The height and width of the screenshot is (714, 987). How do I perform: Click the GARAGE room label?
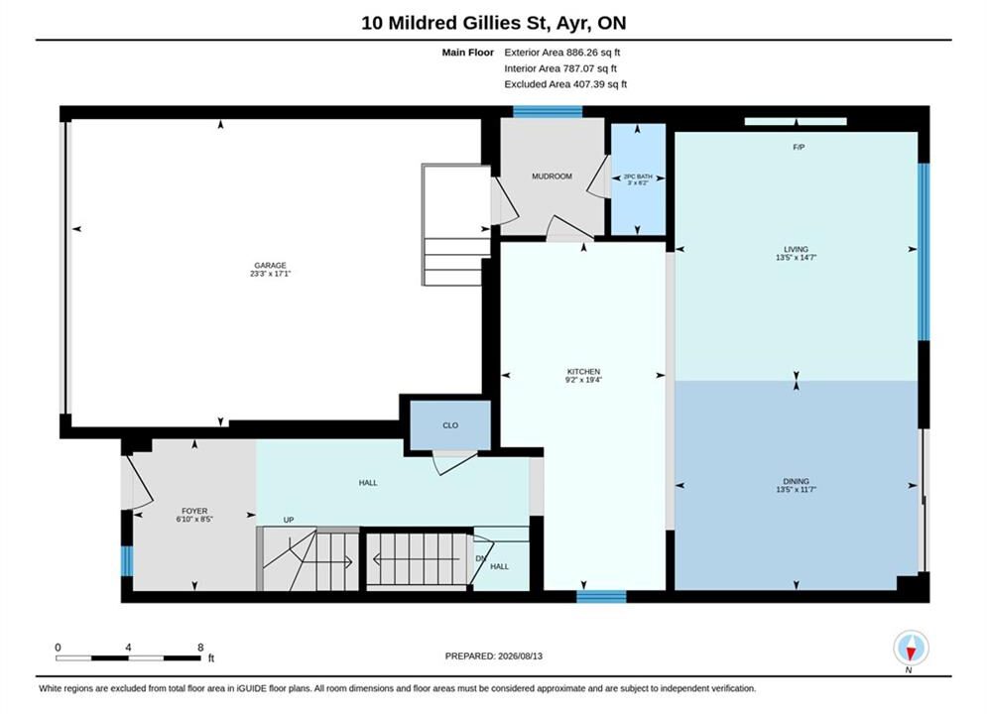pos(270,266)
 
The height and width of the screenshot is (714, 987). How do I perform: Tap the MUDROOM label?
pos(553,177)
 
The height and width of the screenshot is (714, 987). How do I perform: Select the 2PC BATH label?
pos(638,177)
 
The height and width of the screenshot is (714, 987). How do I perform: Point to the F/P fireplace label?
pos(799,147)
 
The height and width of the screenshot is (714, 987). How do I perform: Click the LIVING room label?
pos(797,249)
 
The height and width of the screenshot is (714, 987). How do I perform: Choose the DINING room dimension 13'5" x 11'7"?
pos(797,490)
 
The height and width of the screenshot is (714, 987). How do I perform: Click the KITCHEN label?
pos(583,372)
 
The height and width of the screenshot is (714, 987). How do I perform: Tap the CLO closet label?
pos(450,425)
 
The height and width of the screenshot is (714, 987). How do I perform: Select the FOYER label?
pos(194,512)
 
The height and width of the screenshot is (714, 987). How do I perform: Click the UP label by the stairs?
pos(289,521)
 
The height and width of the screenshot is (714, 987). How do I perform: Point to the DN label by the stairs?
pos(481,558)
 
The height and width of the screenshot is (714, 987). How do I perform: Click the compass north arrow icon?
pos(911,648)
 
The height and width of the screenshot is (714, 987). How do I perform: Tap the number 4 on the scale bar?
pos(128,648)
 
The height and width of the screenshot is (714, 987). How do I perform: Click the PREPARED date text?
pos(494,656)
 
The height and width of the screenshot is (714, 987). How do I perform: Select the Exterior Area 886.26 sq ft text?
pos(562,53)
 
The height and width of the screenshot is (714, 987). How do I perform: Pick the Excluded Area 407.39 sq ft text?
pos(565,84)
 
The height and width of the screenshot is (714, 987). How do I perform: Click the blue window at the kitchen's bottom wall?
pos(601,596)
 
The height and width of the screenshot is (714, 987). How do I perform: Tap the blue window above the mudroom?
pos(548,112)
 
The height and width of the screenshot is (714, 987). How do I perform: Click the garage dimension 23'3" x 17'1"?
pos(270,274)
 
